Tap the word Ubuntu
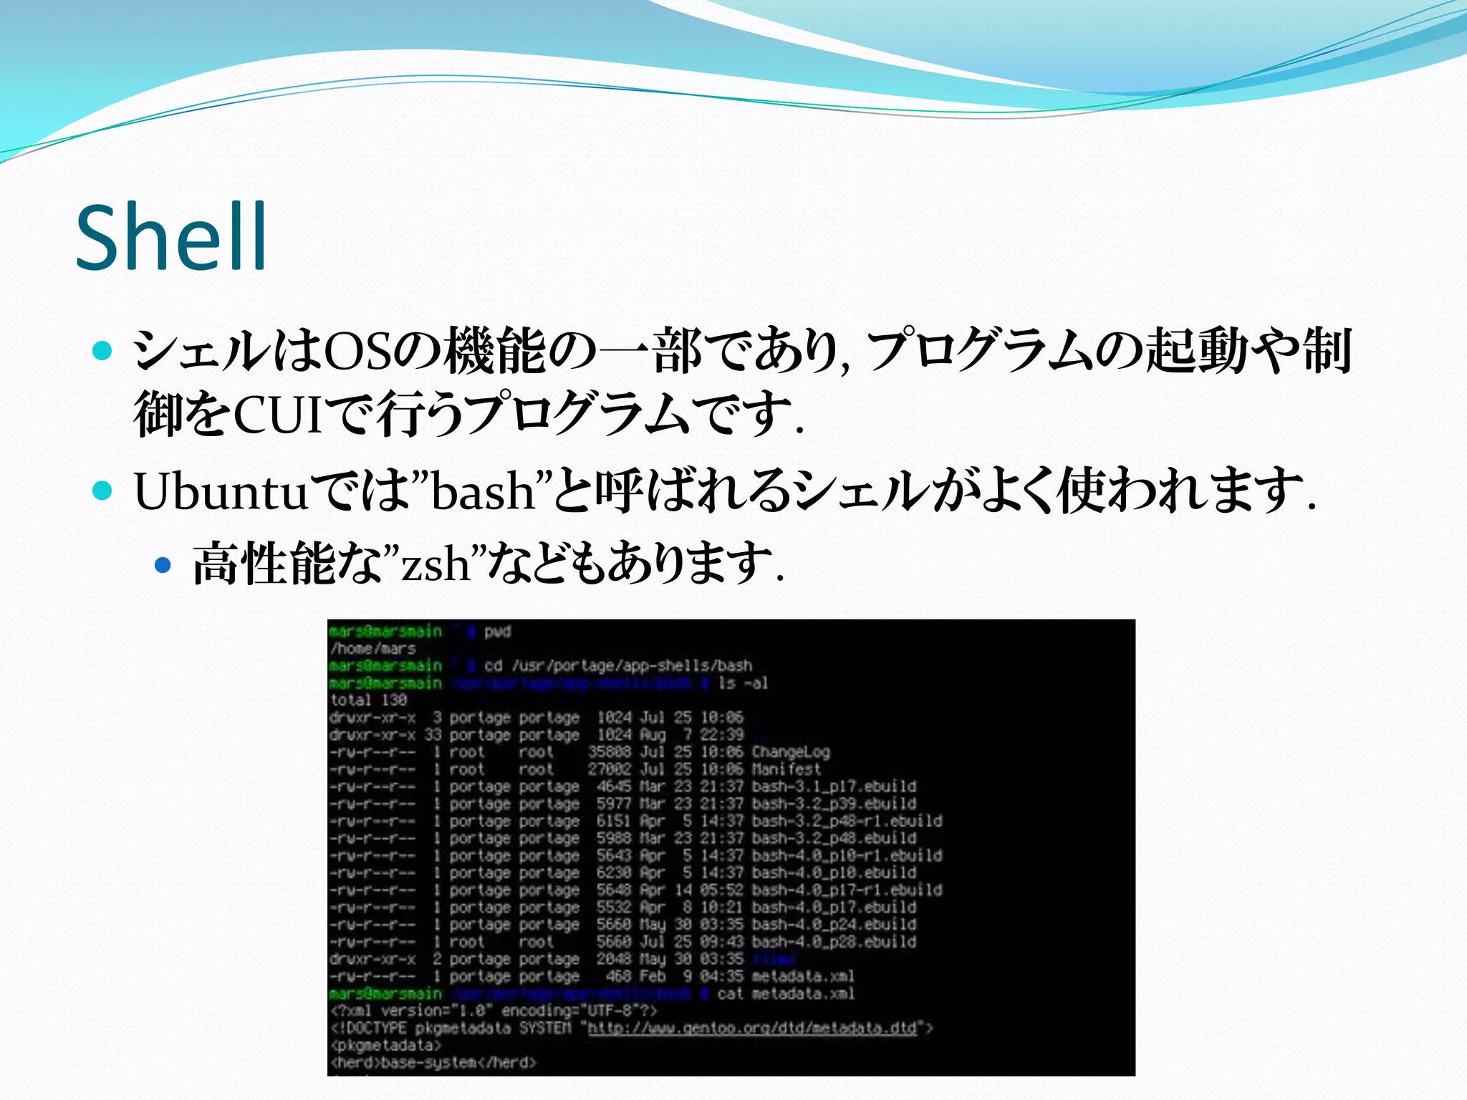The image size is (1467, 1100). (x=221, y=492)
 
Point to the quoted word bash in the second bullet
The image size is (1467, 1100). (x=484, y=492)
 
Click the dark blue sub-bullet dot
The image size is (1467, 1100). (x=164, y=566)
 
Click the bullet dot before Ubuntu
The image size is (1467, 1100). (x=103, y=491)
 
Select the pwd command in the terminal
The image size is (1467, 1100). (x=497, y=632)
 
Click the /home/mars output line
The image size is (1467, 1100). (x=373, y=649)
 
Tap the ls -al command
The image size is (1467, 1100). (x=743, y=683)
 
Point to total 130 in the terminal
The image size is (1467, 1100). (x=368, y=700)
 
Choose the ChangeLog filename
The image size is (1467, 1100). (x=791, y=752)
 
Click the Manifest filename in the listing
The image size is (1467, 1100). (x=786, y=769)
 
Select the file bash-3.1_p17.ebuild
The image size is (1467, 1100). (x=834, y=786)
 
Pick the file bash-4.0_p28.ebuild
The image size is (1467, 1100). (x=834, y=942)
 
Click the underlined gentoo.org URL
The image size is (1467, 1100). (x=752, y=1028)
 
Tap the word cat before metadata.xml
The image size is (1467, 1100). (x=730, y=994)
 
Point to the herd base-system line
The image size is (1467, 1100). (x=433, y=1063)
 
